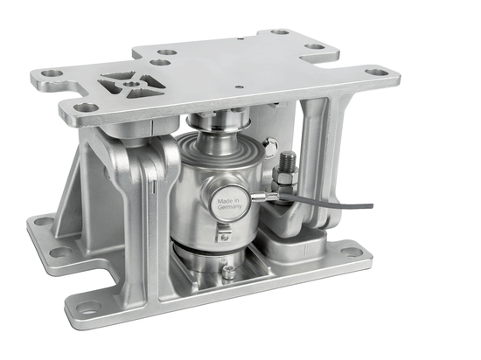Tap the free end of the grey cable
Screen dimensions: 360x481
click(371, 206)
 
